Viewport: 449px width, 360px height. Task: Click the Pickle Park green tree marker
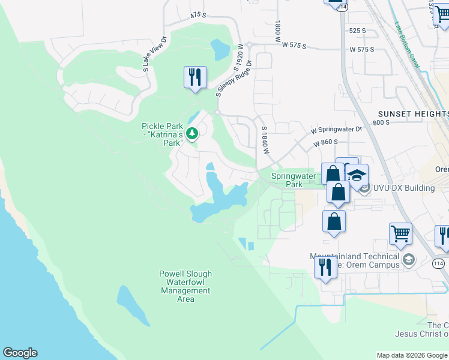point(192,133)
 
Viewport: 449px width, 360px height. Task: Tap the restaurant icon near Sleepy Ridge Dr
point(195,77)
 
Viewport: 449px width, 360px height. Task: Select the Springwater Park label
point(294,180)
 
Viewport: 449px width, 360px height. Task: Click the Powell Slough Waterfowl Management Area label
point(185,286)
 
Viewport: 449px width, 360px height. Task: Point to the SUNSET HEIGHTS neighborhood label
point(413,114)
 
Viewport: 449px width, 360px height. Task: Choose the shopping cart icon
point(400,234)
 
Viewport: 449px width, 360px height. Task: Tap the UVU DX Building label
point(403,188)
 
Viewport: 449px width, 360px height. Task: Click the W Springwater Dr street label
point(337,129)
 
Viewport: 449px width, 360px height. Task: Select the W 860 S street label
point(326,142)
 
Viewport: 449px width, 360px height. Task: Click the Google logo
point(20,353)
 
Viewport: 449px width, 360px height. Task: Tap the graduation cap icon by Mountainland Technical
point(409,259)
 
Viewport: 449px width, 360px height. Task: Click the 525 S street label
point(357,30)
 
